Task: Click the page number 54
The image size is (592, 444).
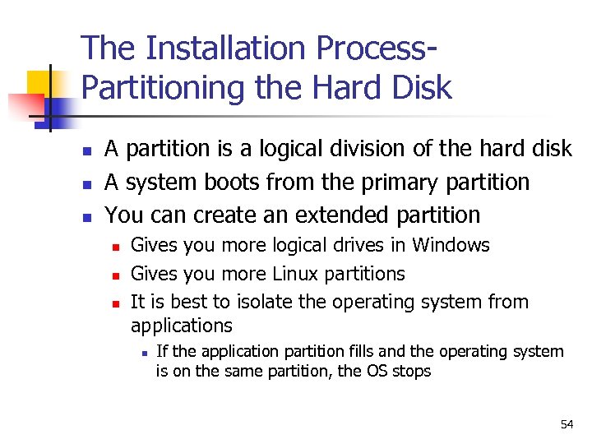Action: [x=567, y=424]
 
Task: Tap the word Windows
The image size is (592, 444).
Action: [x=451, y=245]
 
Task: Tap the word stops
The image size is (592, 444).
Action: [x=411, y=371]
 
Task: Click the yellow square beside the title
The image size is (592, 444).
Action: [x=39, y=82]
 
